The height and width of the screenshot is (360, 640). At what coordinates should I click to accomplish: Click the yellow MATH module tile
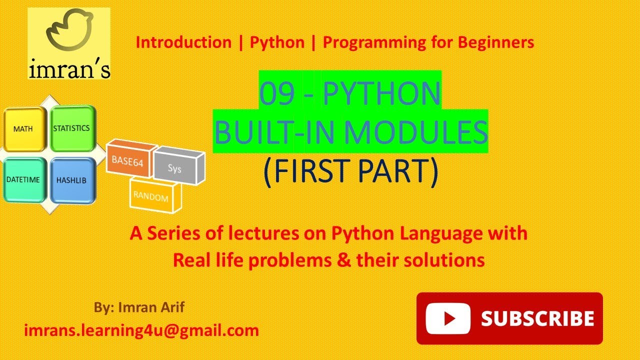click(x=24, y=129)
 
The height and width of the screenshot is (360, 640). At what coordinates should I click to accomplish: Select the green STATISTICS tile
click(x=71, y=128)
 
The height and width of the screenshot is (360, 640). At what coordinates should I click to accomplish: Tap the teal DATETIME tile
click(x=24, y=179)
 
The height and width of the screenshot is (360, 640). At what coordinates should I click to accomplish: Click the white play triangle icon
click(x=448, y=318)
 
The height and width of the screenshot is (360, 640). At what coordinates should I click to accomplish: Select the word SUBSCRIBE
click(x=537, y=318)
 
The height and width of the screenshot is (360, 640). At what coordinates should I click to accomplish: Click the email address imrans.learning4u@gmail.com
click(x=141, y=330)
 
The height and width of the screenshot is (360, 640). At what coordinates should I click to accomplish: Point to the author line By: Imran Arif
click(x=139, y=307)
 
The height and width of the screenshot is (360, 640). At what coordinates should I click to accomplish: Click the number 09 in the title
click(x=277, y=94)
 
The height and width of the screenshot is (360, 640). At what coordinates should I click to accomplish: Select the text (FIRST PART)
click(x=350, y=171)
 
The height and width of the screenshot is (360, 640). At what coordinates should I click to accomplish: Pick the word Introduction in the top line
click(x=183, y=42)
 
